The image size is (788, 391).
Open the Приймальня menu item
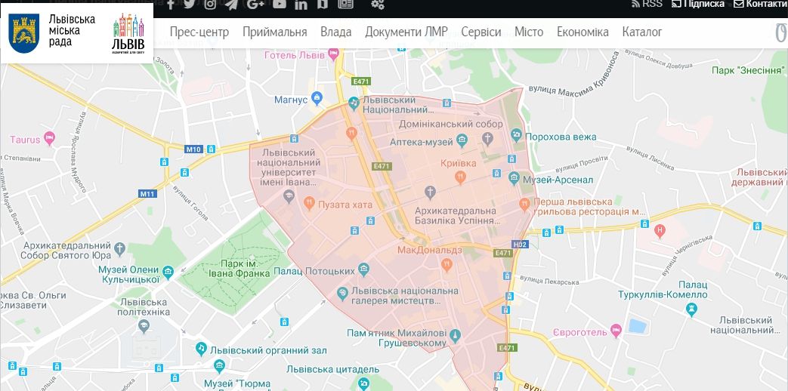(x=274, y=32)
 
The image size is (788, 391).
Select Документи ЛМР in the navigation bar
(x=406, y=32)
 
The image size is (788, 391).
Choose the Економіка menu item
(x=582, y=32)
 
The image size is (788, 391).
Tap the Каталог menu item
(x=641, y=32)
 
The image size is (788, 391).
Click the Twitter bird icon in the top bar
(x=189, y=5)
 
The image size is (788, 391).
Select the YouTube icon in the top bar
(x=280, y=5)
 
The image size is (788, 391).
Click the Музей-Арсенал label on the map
(x=561, y=179)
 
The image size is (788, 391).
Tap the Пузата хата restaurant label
(x=345, y=203)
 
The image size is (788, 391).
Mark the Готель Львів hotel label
(x=295, y=55)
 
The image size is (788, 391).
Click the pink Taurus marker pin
(x=50, y=138)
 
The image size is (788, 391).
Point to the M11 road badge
(x=147, y=194)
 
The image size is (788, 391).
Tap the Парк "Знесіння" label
(x=747, y=71)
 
